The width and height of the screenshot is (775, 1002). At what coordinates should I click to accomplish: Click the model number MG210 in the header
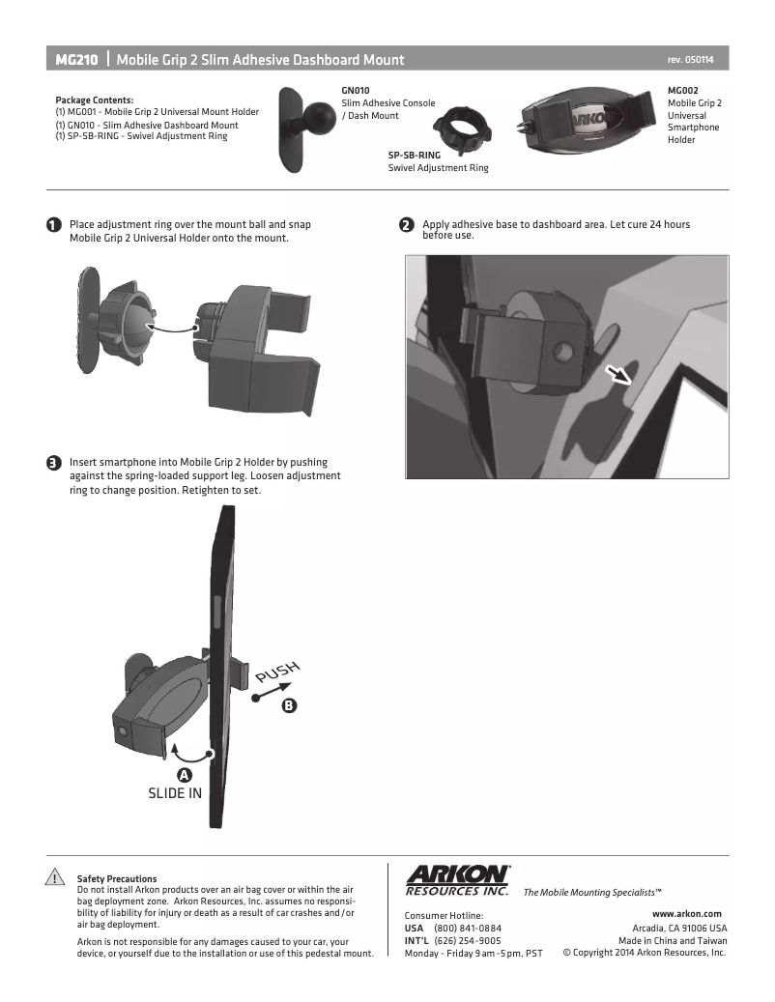pyautogui.click(x=76, y=60)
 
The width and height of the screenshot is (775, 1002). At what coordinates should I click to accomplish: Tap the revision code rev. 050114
pyautogui.click(x=690, y=60)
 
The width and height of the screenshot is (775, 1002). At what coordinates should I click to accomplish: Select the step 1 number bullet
pyautogui.click(x=54, y=225)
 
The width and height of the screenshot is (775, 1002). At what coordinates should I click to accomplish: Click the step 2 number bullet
pyautogui.click(x=407, y=225)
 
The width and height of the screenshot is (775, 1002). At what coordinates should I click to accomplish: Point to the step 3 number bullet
pyautogui.click(x=54, y=463)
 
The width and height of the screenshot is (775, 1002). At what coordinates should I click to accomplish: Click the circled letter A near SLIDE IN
pyautogui.click(x=184, y=775)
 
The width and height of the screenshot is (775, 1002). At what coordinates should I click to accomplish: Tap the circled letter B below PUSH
pyautogui.click(x=290, y=705)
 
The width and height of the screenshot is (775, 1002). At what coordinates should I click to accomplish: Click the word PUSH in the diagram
pyautogui.click(x=277, y=672)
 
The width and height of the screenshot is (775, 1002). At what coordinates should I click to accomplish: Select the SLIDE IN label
pyautogui.click(x=174, y=793)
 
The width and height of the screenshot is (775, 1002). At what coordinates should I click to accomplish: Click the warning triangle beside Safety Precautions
pyautogui.click(x=55, y=876)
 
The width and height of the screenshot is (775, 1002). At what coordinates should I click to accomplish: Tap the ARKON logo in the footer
pyautogui.click(x=457, y=880)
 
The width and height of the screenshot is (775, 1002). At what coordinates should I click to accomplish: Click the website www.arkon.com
pyautogui.click(x=687, y=914)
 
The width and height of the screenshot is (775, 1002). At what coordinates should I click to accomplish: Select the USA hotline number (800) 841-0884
pyautogui.click(x=468, y=928)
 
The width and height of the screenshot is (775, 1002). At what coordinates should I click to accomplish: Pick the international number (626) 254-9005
pyautogui.click(x=468, y=941)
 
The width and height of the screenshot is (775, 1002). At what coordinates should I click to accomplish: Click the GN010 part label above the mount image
pyautogui.click(x=356, y=91)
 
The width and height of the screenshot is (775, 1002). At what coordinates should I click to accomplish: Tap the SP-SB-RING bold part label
pyautogui.click(x=414, y=155)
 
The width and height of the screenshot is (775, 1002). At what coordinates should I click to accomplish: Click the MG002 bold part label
pyautogui.click(x=683, y=91)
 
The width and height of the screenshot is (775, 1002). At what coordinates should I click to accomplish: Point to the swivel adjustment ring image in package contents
pyautogui.click(x=461, y=129)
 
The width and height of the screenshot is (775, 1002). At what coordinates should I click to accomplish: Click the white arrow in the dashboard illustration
pyautogui.click(x=618, y=375)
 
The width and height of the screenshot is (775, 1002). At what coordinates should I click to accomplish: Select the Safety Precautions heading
pyautogui.click(x=117, y=878)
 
